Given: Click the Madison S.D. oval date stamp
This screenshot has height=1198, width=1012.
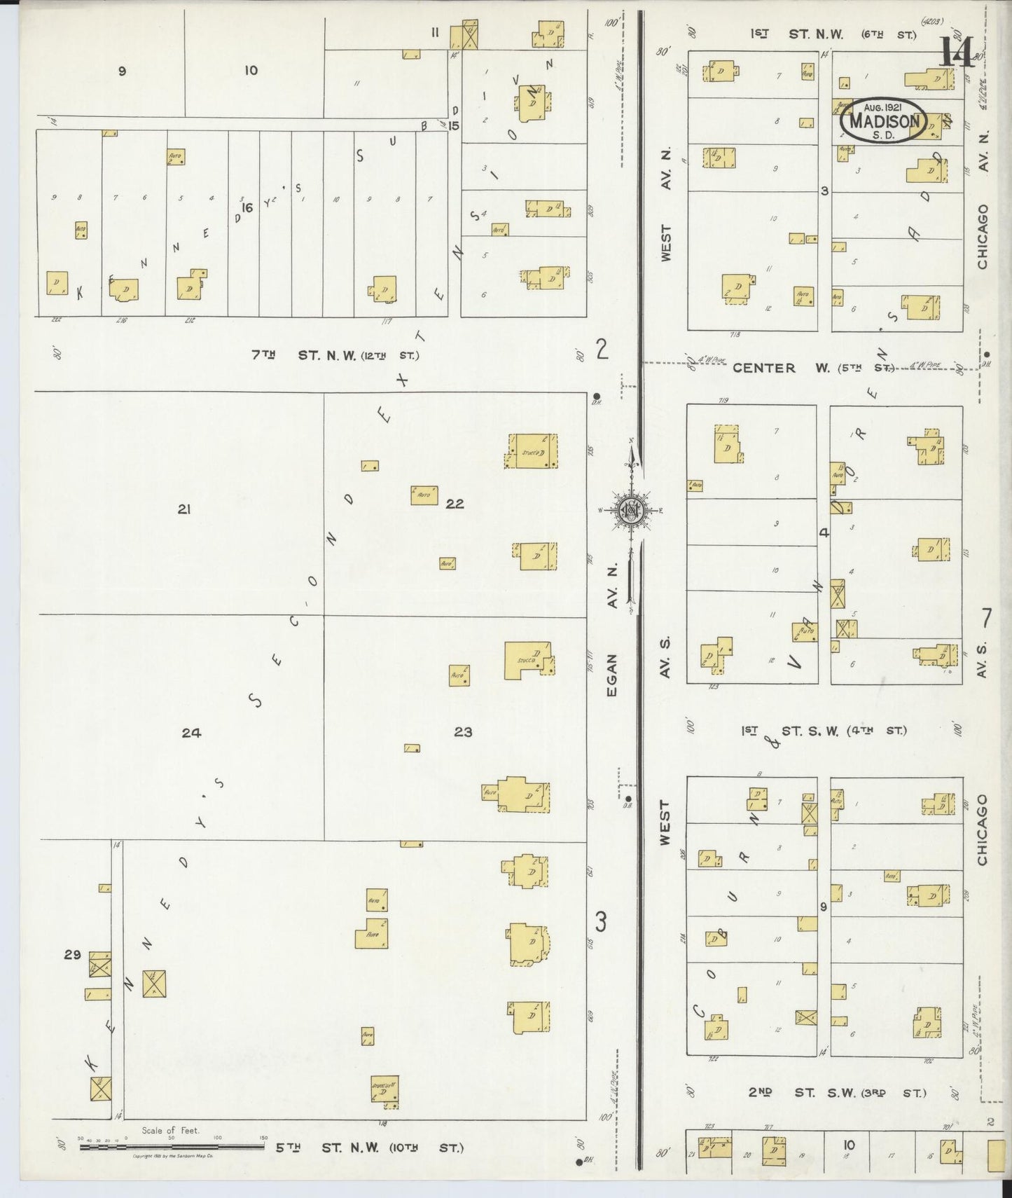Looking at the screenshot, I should [882, 121].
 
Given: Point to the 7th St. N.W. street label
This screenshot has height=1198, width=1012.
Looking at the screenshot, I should [336, 355].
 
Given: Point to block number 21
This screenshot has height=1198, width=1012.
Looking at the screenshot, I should [184, 509].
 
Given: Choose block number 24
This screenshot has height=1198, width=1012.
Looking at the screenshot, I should [191, 733].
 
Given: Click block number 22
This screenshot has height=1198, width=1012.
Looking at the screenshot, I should [455, 503].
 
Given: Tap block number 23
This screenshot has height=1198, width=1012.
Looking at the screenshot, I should [463, 732].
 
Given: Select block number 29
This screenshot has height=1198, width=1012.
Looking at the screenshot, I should [73, 953].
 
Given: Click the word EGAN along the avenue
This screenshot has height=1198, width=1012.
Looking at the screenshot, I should [611, 675].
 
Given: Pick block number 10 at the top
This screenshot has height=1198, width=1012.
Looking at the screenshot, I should [251, 70].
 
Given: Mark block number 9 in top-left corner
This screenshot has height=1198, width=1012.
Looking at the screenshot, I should [122, 70].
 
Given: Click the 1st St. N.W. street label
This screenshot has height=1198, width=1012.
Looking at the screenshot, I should [833, 33].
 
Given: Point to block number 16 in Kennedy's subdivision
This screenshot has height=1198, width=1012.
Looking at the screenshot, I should [246, 207].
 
